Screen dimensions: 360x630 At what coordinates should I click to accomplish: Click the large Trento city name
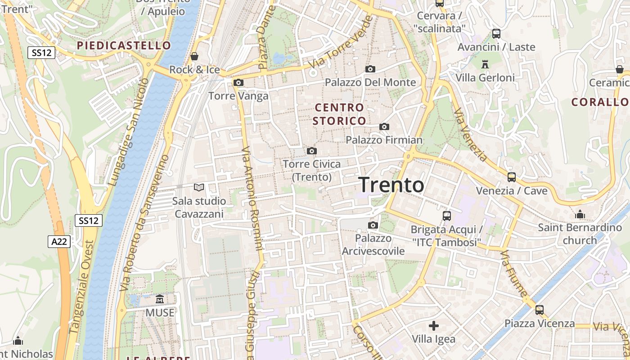coord(391,184)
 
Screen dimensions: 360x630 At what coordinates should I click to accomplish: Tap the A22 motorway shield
coord(59,242)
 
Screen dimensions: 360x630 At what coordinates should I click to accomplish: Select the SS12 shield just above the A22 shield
coord(89,220)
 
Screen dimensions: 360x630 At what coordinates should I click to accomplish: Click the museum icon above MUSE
coord(159,299)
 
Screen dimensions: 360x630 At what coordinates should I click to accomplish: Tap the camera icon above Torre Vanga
coord(238,83)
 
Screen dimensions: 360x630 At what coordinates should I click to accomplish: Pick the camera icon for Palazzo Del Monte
coord(370,69)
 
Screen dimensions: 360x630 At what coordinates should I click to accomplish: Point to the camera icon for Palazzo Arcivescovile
coord(373,225)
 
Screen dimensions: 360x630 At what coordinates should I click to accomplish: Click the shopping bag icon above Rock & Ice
coord(194,56)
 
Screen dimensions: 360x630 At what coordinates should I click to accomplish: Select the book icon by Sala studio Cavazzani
coord(198,187)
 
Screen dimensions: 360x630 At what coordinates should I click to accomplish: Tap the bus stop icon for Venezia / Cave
coord(512,177)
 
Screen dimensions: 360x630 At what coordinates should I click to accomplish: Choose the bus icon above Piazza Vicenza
coord(540,310)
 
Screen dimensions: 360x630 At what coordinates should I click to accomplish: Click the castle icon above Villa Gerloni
coord(485,64)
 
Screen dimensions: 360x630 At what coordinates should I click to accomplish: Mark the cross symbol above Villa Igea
coord(434,325)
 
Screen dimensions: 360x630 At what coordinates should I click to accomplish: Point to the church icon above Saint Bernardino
coord(580,214)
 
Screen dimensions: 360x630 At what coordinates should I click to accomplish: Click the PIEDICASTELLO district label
coord(124,45)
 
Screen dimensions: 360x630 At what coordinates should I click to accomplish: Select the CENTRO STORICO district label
coord(339,114)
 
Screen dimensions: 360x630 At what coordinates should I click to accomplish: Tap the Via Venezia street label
coord(470,135)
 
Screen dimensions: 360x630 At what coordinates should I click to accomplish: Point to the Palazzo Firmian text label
coord(384,140)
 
